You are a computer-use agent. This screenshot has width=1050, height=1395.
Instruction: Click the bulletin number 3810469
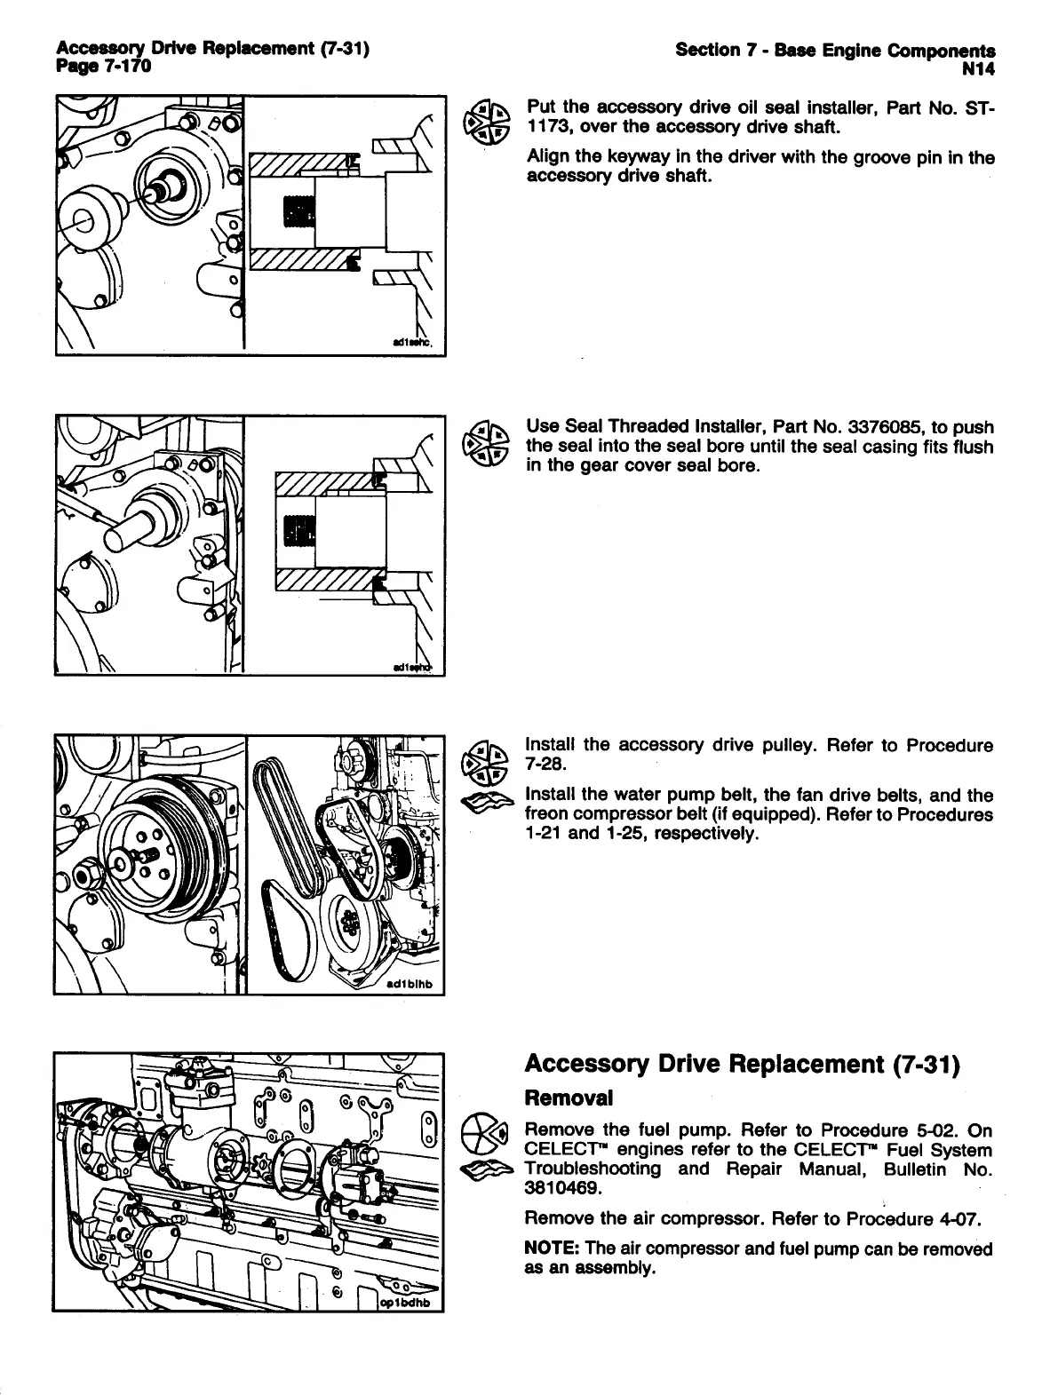pyautogui.click(x=562, y=1187)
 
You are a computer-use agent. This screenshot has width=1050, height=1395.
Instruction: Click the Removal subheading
pyautogui.click(x=569, y=1098)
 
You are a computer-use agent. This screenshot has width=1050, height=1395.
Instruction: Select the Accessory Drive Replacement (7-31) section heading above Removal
pyautogui.click(x=743, y=1064)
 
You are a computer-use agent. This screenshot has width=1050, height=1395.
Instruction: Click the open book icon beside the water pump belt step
pyautogui.click(x=488, y=803)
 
